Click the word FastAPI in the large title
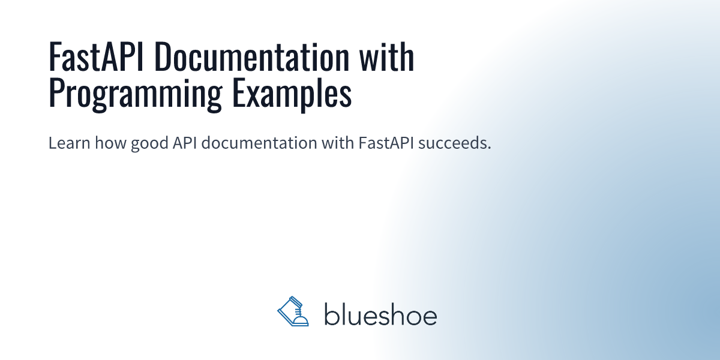pos(96,56)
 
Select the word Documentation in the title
pos(252,56)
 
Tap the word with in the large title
pos(386,56)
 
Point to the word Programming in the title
pos(136,94)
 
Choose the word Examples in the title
pos(292,94)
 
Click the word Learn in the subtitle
pos(69,143)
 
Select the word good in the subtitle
pos(149,143)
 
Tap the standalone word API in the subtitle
pos(185,143)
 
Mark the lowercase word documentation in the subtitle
pos(259,143)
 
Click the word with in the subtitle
pos(338,143)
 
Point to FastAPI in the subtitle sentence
pos(386,143)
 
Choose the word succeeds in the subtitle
pos(452,143)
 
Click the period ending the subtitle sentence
pos(489,148)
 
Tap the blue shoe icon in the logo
pos(293,311)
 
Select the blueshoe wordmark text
pos(380,314)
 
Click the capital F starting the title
pos(55,57)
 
